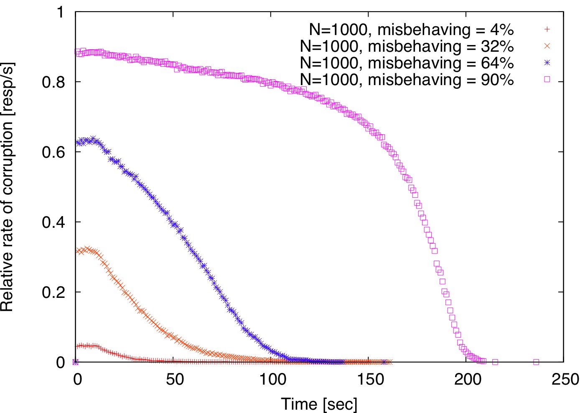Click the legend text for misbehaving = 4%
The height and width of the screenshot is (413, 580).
point(411,30)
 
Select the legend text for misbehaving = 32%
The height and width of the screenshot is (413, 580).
point(407,46)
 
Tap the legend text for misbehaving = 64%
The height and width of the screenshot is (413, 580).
point(407,63)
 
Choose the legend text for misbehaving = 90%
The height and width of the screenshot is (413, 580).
point(407,79)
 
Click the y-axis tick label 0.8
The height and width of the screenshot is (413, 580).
point(53,82)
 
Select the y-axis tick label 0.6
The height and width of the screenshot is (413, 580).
point(53,152)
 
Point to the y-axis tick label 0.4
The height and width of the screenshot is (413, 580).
point(53,222)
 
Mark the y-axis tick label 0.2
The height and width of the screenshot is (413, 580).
point(53,292)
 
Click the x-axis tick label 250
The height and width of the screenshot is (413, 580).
point(564,380)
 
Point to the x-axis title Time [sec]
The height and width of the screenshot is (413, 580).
point(319,404)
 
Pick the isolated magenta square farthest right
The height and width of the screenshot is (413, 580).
point(536,362)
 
